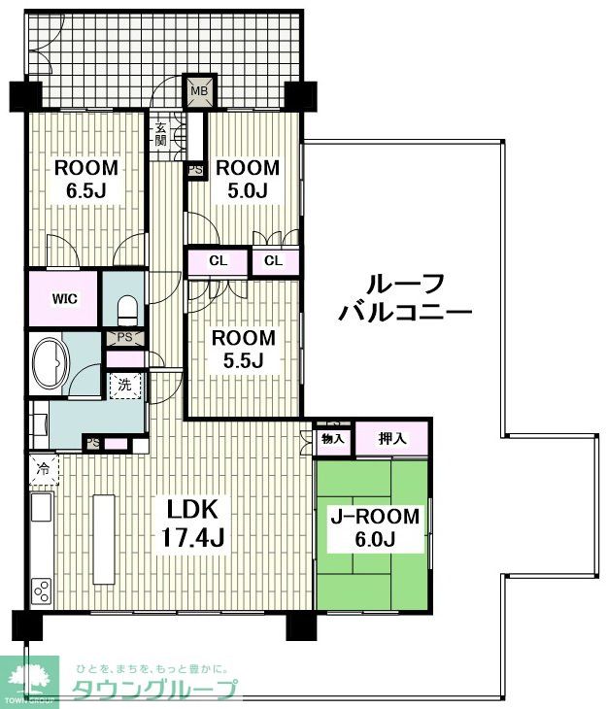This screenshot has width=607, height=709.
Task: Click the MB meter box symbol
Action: (199, 91)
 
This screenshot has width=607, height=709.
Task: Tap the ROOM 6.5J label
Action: (85, 179)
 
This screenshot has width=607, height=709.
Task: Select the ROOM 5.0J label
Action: (248, 179)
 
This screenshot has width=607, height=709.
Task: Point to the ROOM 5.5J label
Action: (244, 349)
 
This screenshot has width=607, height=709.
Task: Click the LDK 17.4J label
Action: (193, 523)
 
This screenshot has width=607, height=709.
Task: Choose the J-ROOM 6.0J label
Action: (375, 527)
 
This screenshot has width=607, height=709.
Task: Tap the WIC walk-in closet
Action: (64, 298)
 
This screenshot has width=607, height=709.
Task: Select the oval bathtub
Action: (51, 362)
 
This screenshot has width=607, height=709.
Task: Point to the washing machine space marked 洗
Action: (125, 386)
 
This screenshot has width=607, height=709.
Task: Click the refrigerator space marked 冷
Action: (44, 469)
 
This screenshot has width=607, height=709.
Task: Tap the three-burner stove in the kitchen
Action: (41, 591)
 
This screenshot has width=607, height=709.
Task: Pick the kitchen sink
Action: (41, 507)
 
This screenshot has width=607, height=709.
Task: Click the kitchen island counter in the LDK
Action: (104, 539)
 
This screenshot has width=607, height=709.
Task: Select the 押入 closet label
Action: (392, 438)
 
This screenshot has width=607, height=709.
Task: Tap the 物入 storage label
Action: (333, 438)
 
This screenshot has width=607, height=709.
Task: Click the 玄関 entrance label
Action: (160, 133)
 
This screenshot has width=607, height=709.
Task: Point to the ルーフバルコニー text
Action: (405, 297)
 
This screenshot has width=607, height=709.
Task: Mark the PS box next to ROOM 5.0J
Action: (195, 171)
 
